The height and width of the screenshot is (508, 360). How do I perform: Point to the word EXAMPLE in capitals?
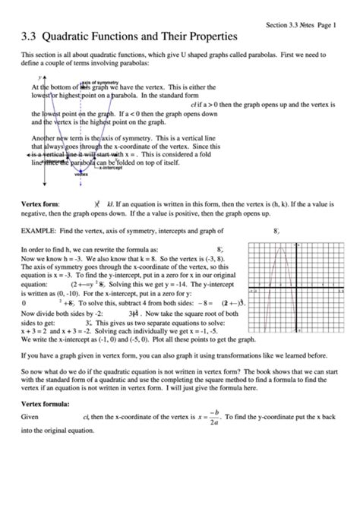[x=41, y=230]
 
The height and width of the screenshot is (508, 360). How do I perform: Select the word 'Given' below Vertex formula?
[x=30, y=418]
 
